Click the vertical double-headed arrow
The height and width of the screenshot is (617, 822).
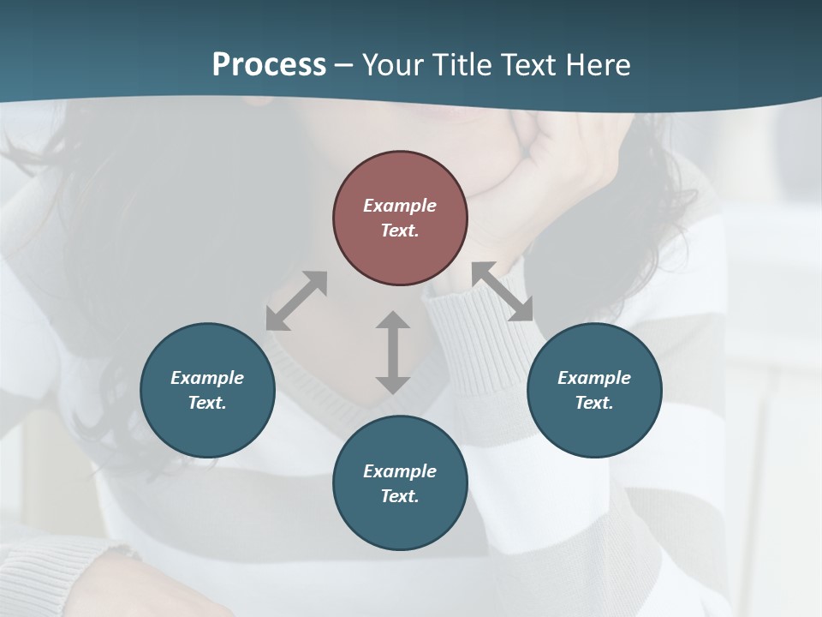click(393, 352)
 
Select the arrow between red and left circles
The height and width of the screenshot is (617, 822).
click(296, 301)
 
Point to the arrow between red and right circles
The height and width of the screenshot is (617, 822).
click(503, 291)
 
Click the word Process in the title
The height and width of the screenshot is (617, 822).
click(269, 65)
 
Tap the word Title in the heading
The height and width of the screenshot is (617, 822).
click(462, 65)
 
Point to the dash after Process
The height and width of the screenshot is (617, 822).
click(343, 65)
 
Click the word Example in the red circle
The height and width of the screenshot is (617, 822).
click(400, 206)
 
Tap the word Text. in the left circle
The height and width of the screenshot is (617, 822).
click(207, 403)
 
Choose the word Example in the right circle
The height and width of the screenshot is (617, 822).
click(594, 378)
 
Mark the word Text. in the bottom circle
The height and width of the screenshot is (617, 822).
click(400, 496)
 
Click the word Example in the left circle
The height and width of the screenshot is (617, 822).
click(207, 378)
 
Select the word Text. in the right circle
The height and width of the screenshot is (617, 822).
click(594, 403)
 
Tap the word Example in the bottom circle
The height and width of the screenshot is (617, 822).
click(400, 471)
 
